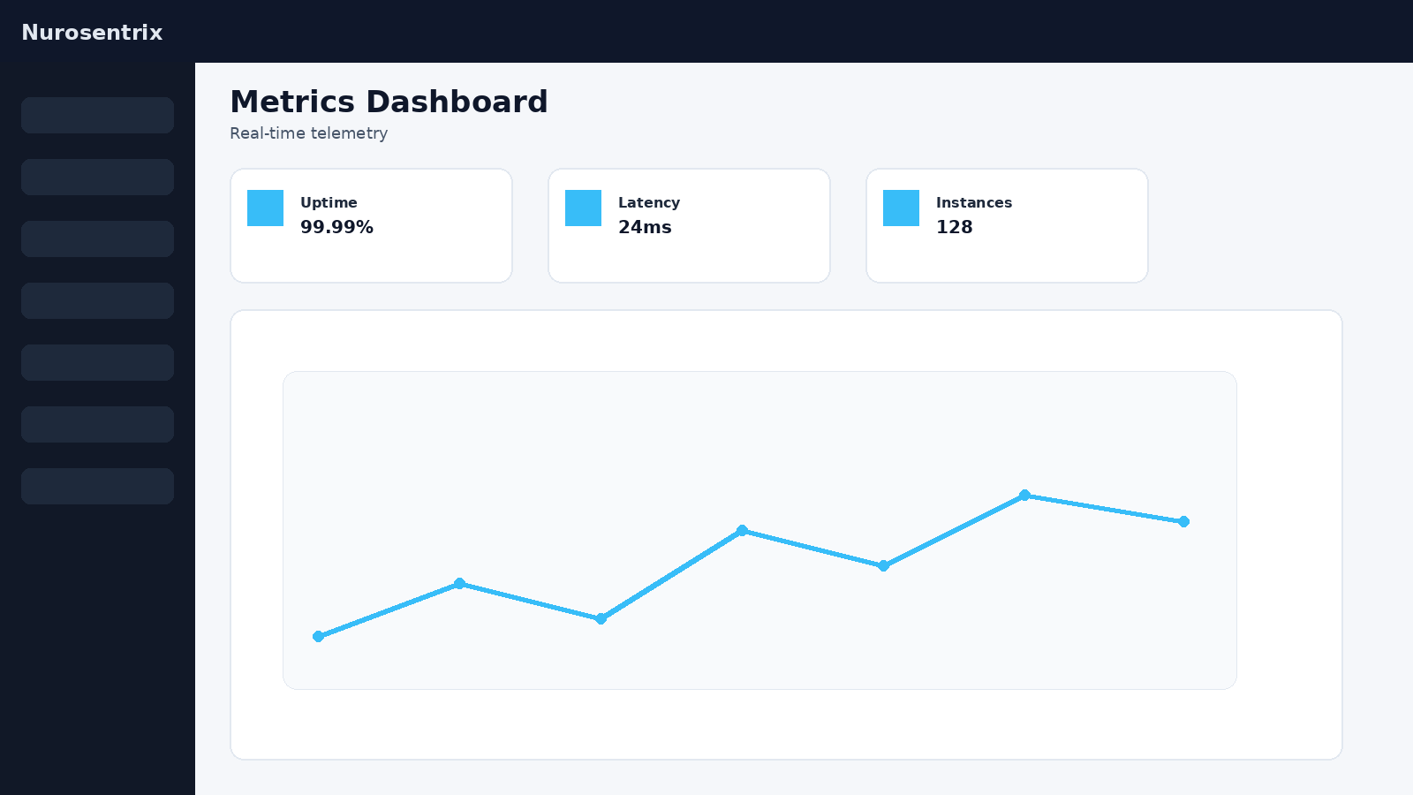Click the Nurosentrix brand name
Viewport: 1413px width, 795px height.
click(92, 33)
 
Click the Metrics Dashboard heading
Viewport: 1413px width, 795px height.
click(389, 102)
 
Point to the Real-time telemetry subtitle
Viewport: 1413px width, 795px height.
click(308, 133)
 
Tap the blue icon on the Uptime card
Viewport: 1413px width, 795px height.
click(265, 208)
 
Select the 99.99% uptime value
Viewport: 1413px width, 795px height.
click(336, 227)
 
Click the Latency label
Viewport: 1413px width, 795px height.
click(648, 202)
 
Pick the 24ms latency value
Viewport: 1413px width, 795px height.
click(645, 227)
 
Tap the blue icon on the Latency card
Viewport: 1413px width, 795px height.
click(583, 208)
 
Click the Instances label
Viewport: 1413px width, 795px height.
click(973, 202)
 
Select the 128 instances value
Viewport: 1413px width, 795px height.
click(954, 227)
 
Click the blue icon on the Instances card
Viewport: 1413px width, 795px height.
click(901, 208)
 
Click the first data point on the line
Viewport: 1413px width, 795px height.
click(318, 636)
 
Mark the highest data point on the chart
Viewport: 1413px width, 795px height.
click(1024, 495)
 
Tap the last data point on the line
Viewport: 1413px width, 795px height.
click(1183, 521)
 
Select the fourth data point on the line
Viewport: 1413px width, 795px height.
click(742, 530)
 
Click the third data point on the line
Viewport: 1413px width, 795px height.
click(601, 618)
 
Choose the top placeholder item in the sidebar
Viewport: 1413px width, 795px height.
click(97, 115)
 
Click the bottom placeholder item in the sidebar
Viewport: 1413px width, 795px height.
click(97, 486)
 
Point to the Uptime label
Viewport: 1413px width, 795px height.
click(329, 202)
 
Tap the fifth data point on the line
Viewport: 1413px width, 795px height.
click(883, 565)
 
